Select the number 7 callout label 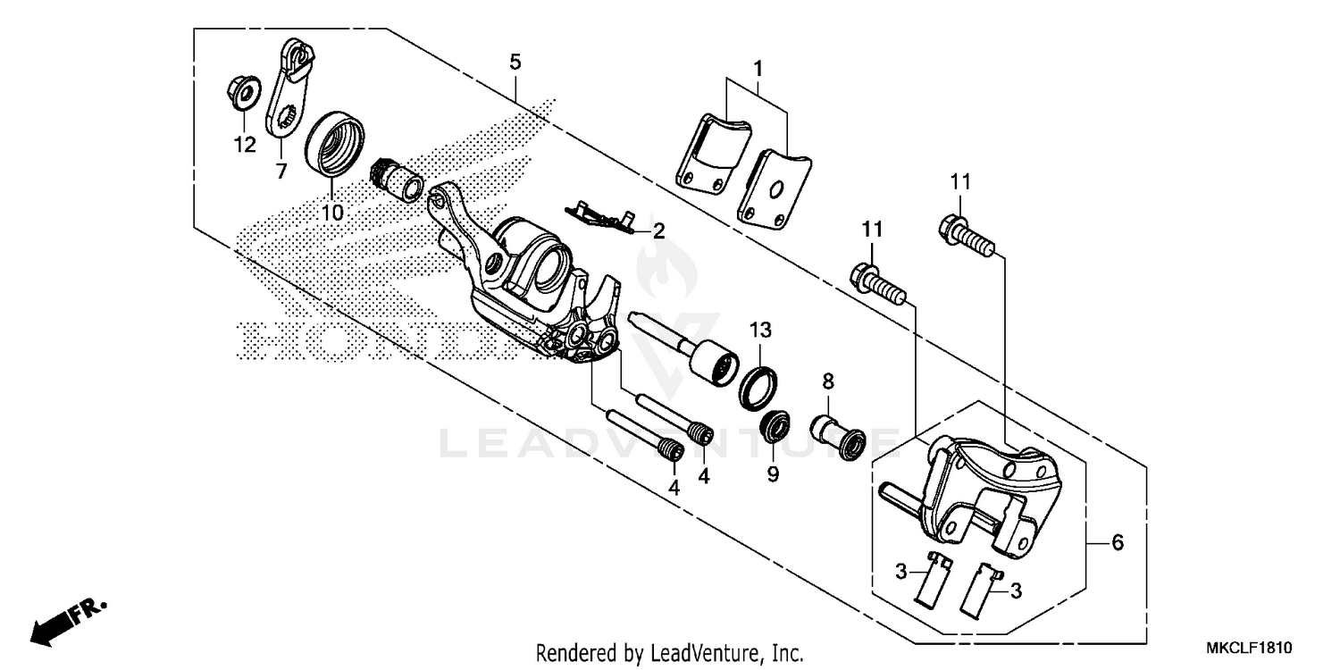[x=281, y=172]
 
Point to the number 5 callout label [x=515, y=62]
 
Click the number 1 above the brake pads [x=758, y=68]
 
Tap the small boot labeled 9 [x=774, y=428]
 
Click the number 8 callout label [x=828, y=381]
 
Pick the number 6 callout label [x=1117, y=542]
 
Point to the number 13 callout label [x=758, y=331]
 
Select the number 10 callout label [x=331, y=213]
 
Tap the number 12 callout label [x=245, y=144]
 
